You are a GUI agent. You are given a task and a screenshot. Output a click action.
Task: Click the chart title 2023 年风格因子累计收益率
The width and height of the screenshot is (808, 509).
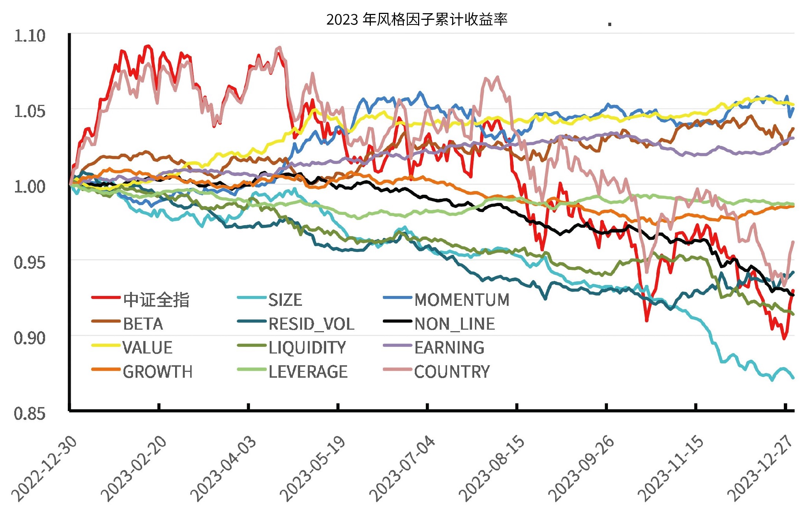[417, 19]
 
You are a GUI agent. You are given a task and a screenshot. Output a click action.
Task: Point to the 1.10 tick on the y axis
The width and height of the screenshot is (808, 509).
[30, 36]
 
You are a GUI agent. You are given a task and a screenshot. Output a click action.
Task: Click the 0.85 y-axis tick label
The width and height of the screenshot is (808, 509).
[30, 414]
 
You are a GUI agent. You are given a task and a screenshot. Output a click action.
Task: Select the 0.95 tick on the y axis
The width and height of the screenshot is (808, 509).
[30, 263]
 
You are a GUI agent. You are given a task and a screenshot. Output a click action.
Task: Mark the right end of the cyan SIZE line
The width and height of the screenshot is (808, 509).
[793, 377]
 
